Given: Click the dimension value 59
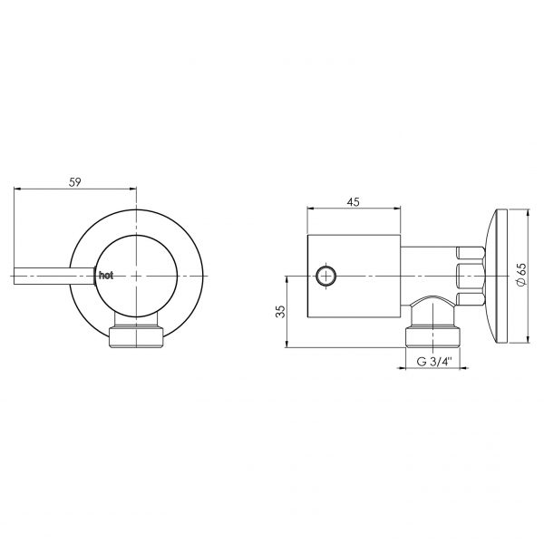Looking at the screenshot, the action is pyautogui.click(x=74, y=182).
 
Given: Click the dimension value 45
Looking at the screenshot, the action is pyautogui.click(x=354, y=201).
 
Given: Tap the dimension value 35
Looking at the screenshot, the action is pyautogui.click(x=280, y=311).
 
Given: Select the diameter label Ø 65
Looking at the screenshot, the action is pyautogui.click(x=521, y=275).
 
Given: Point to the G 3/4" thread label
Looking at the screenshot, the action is pyautogui.click(x=434, y=362).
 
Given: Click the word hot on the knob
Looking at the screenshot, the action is pyautogui.click(x=106, y=276).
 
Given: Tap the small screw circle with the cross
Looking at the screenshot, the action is pyautogui.click(x=326, y=276).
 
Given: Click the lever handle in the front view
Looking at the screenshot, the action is pyautogui.click(x=54, y=277).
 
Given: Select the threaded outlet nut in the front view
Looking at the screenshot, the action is pyautogui.click(x=136, y=336).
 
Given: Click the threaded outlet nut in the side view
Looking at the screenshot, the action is pyautogui.click(x=433, y=336).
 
